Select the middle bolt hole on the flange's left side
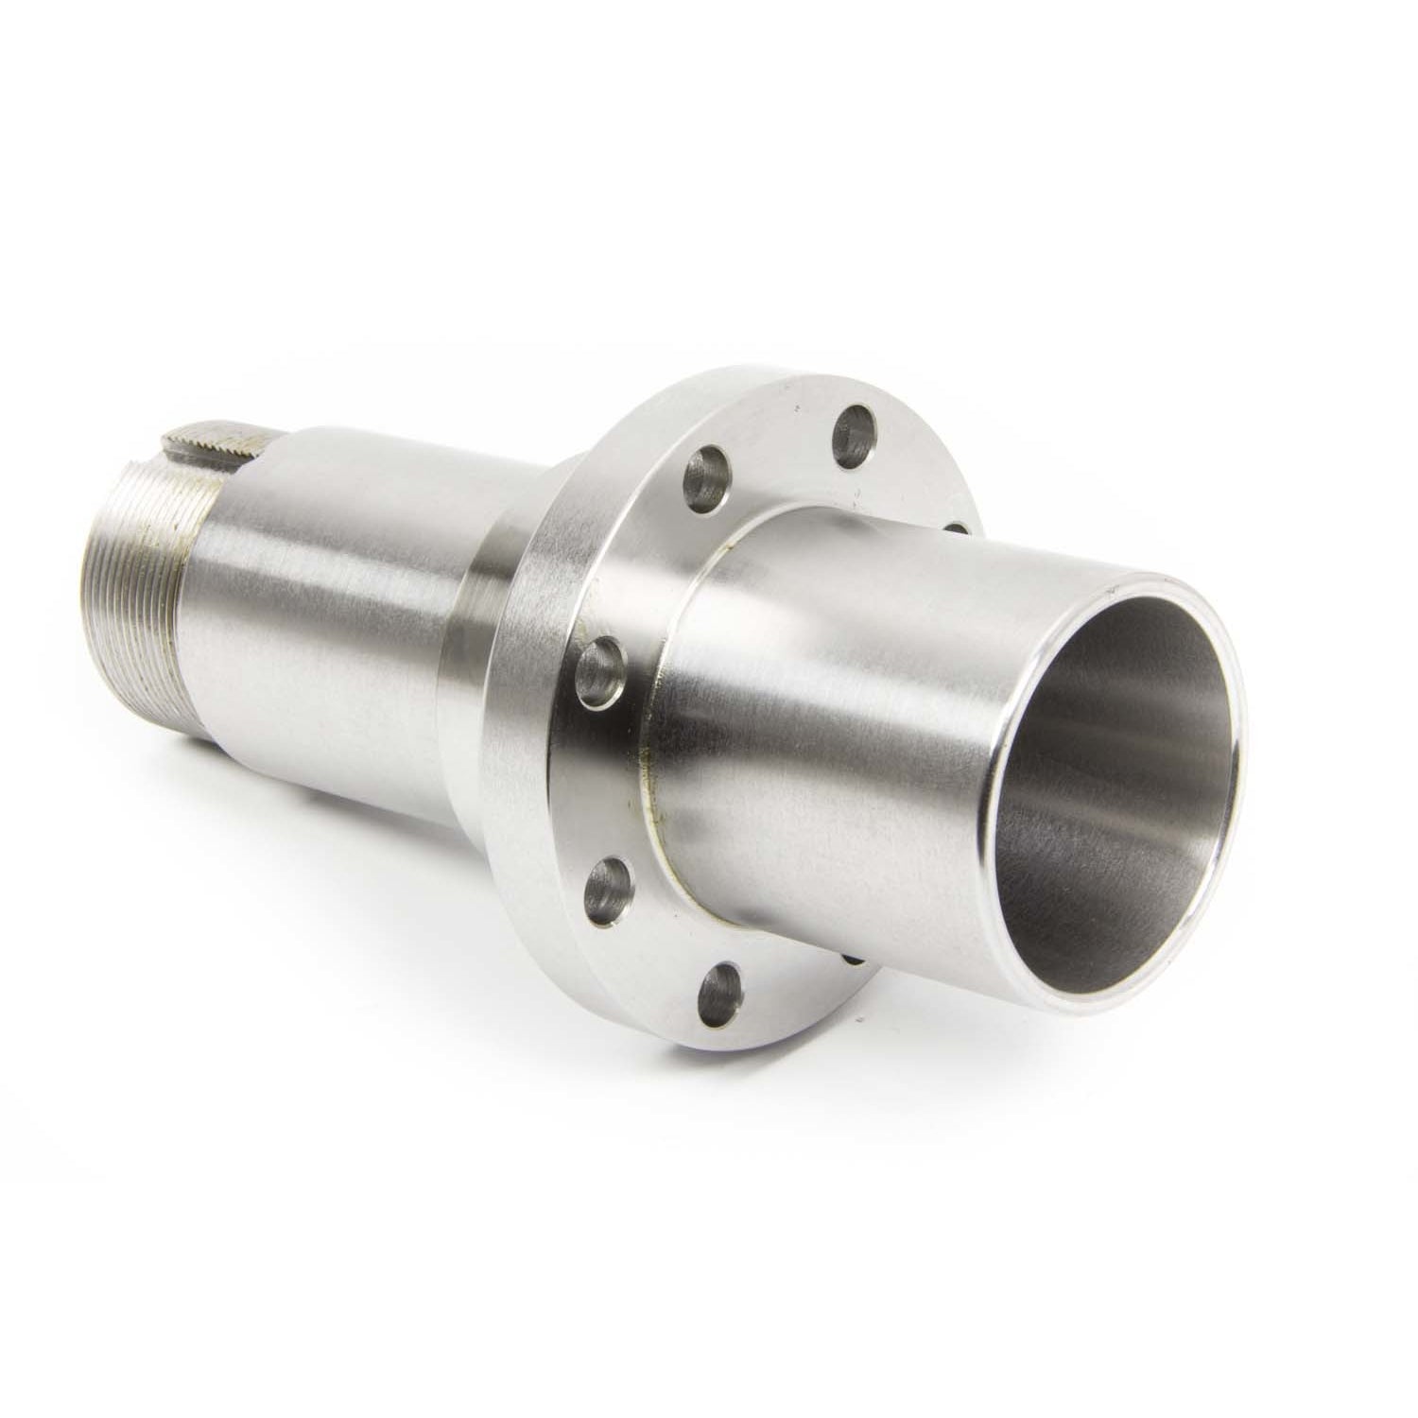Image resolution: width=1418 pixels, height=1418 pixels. [x=602, y=669]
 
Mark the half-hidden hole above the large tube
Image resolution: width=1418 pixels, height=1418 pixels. [x=955, y=526]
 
